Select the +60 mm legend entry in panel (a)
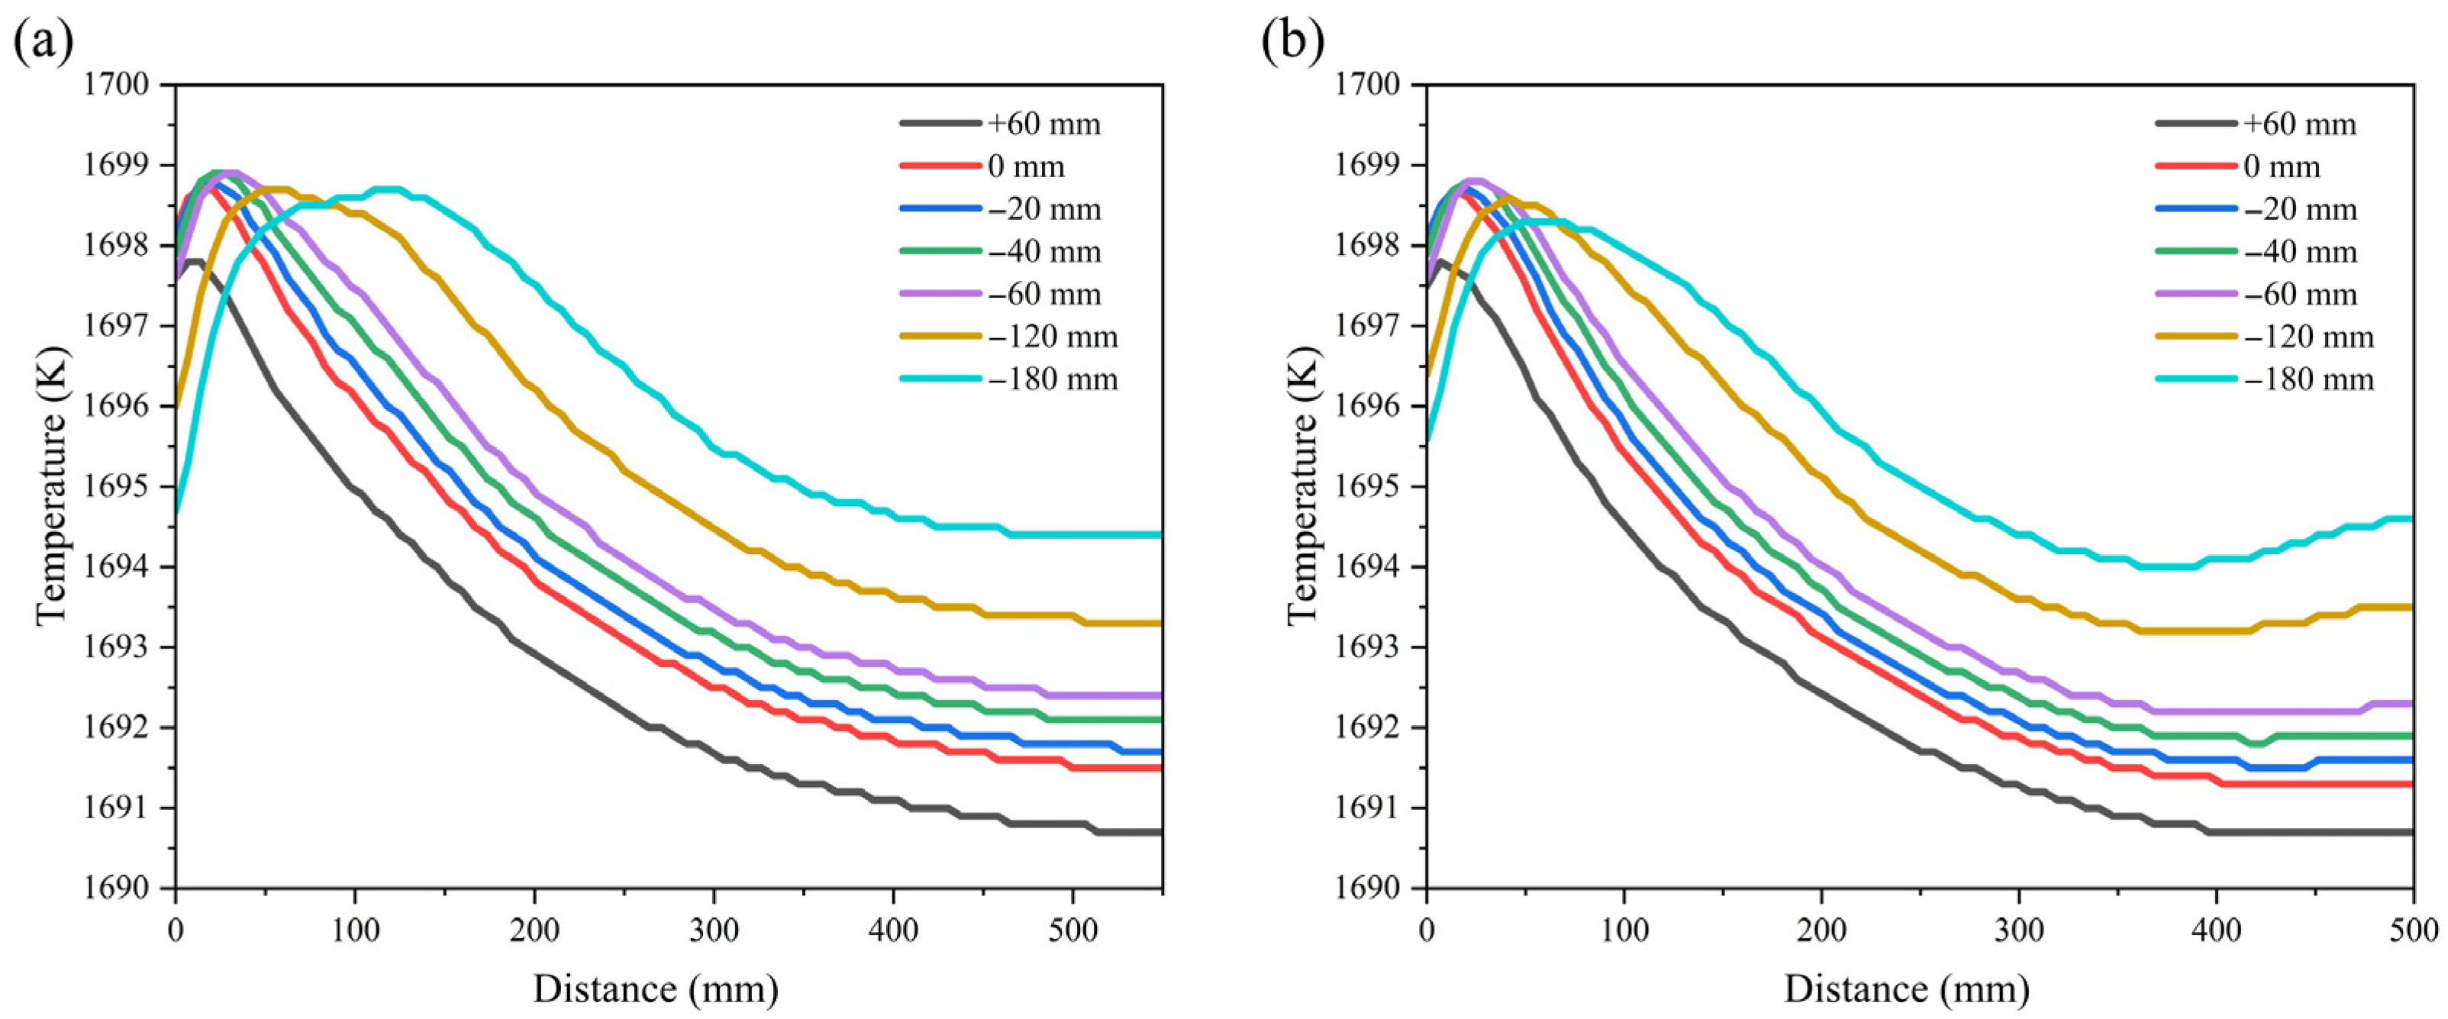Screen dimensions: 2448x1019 click(x=1000, y=124)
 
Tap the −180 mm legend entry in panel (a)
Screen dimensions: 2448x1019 click(x=1008, y=379)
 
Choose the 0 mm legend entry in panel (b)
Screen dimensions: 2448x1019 click(x=2237, y=166)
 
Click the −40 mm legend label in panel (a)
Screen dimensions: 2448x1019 click(x=1044, y=252)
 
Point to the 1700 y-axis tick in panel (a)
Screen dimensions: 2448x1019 click(x=123, y=85)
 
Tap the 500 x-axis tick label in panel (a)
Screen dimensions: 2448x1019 click(x=1073, y=930)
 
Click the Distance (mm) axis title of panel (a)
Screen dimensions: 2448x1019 click(x=656, y=989)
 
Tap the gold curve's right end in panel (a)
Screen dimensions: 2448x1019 click(x=1160, y=624)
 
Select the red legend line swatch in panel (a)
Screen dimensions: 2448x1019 click(x=940, y=166)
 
